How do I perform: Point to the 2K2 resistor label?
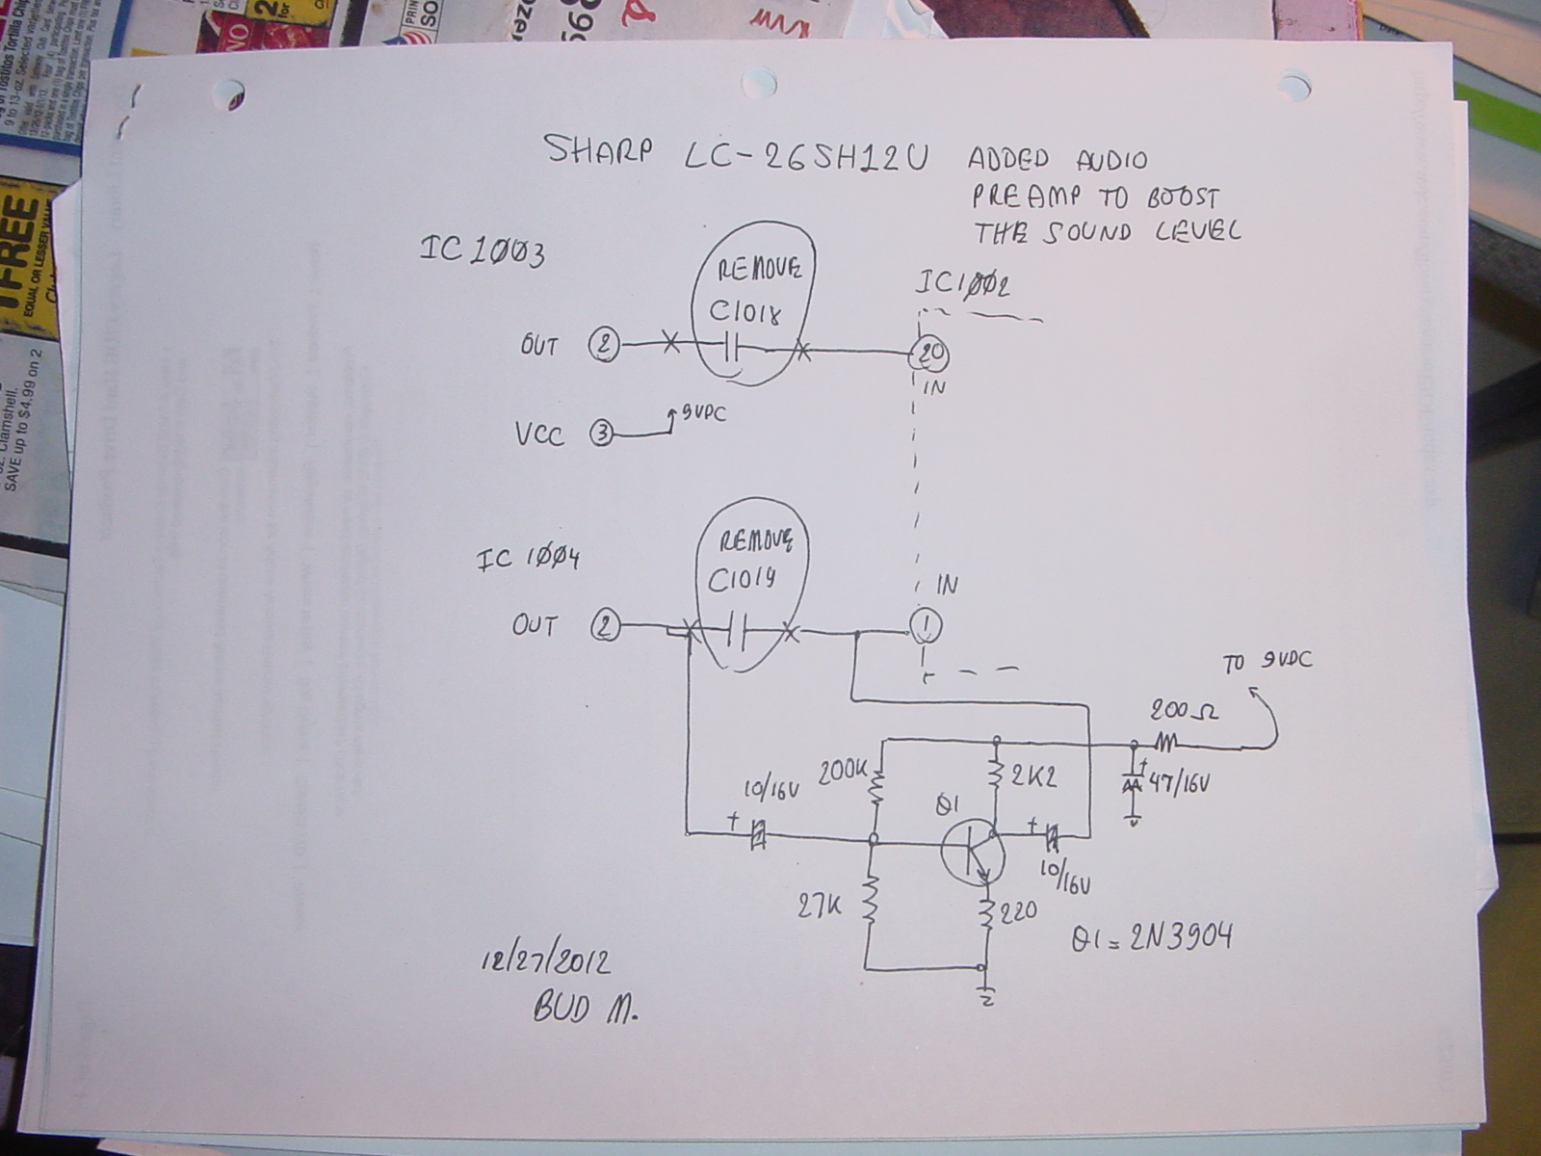click(1032, 776)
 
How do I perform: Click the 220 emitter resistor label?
click(1017, 910)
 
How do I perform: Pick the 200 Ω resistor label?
click(1184, 712)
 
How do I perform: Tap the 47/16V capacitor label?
click(1180, 785)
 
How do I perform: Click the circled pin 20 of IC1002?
click(931, 355)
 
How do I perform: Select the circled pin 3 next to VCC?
click(600, 434)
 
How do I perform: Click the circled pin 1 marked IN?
click(926, 628)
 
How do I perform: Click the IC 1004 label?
click(528, 559)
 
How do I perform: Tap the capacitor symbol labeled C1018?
click(732, 347)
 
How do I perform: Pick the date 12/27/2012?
click(544, 960)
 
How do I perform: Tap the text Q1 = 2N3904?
click(1151, 937)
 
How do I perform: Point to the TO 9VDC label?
click(1267, 662)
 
